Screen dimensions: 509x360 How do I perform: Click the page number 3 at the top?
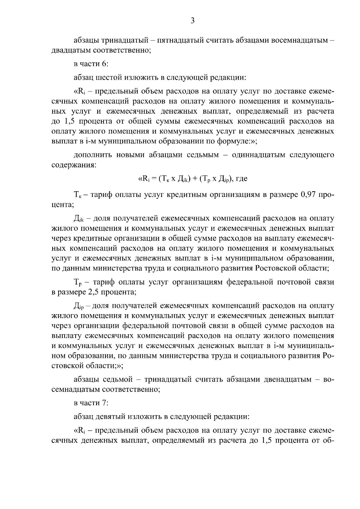point(193,20)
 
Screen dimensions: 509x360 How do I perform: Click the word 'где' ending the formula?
point(242,179)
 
